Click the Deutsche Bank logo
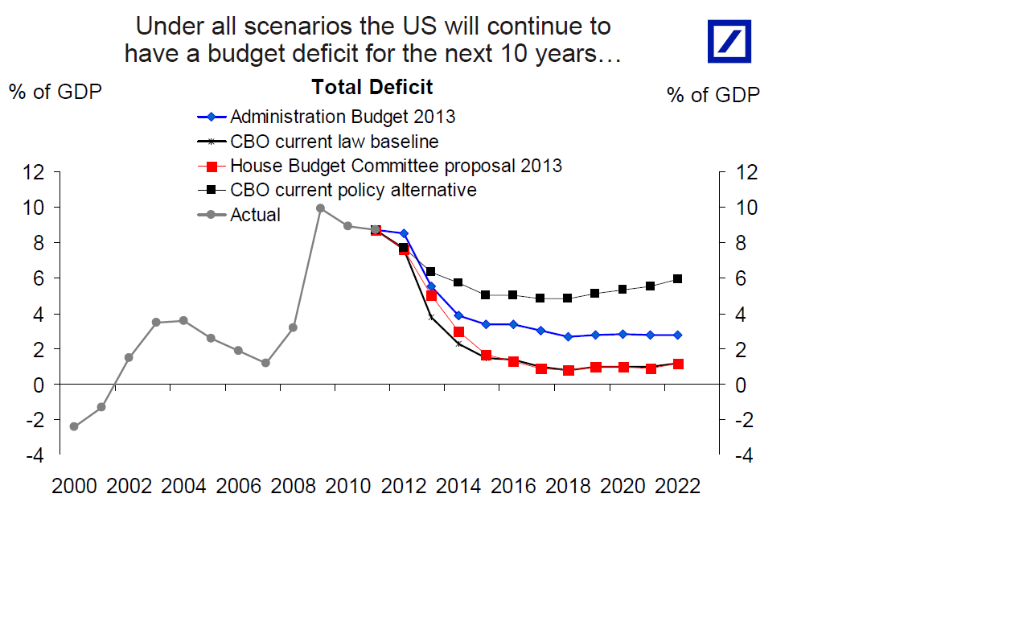729,41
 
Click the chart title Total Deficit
372,87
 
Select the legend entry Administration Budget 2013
342,117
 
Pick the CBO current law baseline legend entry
334,142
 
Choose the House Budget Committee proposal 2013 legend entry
395,166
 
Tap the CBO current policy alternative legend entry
352,190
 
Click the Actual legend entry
255,215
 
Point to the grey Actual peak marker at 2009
320,208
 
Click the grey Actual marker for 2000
74,426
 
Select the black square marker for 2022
678,279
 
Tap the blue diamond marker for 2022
678,335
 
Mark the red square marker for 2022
678,364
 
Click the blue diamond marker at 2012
404,233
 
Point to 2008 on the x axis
294,486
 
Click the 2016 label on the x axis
512,486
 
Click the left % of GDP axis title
55,92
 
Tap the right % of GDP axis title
713,95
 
